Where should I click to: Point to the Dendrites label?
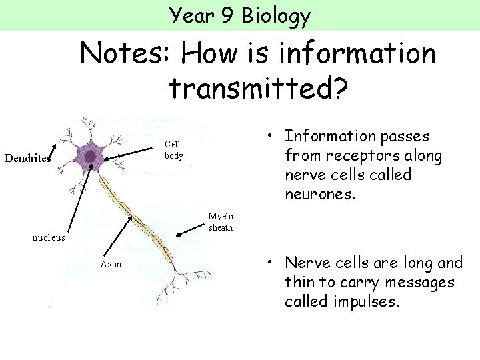click(x=27, y=159)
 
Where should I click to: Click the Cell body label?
click(x=173, y=150)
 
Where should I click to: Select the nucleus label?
click(x=49, y=237)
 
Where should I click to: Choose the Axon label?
click(x=111, y=264)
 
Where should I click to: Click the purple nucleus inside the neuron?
click(x=89, y=156)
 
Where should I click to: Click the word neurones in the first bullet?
click(x=319, y=195)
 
